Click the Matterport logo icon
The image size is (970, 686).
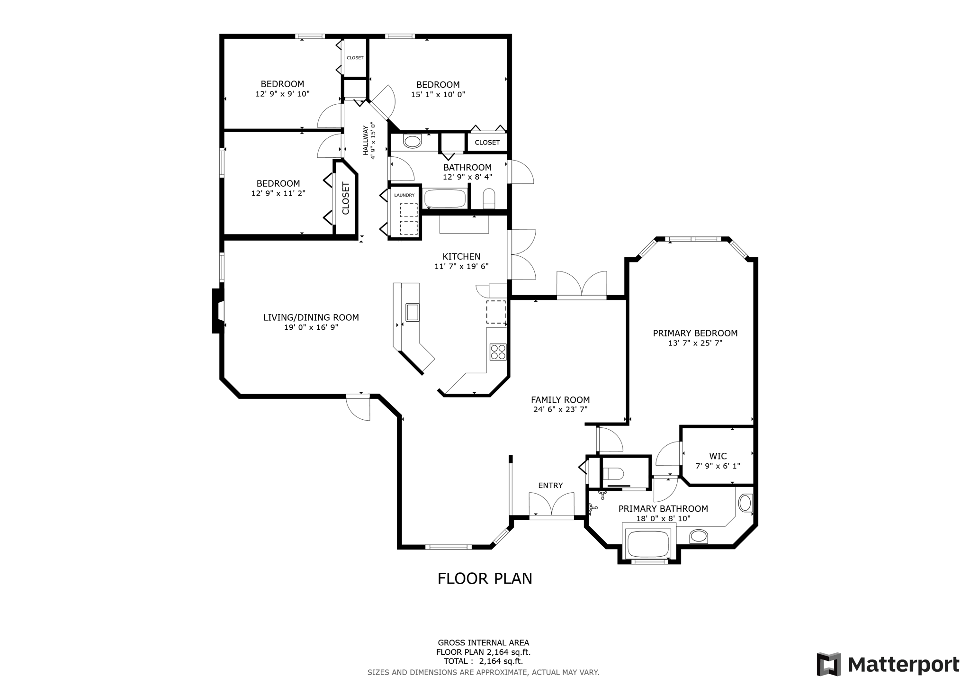point(828,664)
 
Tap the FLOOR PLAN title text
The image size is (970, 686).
point(485,578)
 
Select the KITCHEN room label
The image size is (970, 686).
point(461,256)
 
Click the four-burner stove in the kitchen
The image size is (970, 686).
point(498,352)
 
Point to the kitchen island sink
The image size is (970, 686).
point(412,312)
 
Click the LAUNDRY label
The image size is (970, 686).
point(404,195)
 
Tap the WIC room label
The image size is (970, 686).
point(718,456)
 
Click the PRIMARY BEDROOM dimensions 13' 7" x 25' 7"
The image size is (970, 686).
point(695,343)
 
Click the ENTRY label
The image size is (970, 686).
point(550,486)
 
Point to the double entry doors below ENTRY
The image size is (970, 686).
point(551,506)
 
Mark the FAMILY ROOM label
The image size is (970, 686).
point(560,400)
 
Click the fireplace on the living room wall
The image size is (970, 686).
point(218,311)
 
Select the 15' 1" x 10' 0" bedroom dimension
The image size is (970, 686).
point(438,94)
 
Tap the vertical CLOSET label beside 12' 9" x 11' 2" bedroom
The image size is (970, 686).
point(346,198)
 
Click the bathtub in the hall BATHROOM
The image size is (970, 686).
point(445,199)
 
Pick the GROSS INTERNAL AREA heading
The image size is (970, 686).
point(483,643)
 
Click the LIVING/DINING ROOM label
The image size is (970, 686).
point(311,317)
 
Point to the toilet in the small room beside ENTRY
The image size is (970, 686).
point(614,474)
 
